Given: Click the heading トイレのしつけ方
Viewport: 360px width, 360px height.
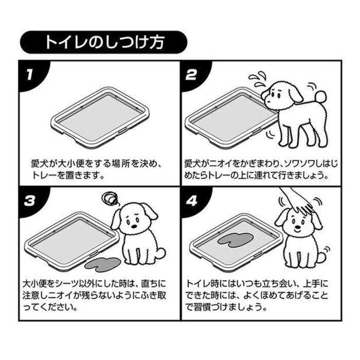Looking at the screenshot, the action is [x=104, y=42].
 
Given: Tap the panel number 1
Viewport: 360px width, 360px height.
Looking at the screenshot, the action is [x=29, y=75].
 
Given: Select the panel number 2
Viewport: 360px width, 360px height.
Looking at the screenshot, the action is [x=191, y=75].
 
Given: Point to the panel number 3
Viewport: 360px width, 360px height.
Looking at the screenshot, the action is [x=30, y=201].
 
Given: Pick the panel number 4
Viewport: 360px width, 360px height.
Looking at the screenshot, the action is [x=191, y=201].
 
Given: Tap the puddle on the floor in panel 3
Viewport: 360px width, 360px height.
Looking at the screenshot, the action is [x=102, y=264].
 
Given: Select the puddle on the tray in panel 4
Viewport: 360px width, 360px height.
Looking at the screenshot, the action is [x=236, y=240].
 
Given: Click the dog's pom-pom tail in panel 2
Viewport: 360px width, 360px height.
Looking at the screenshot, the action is [x=320, y=97].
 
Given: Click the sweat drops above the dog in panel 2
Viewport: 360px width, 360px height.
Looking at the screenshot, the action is [x=258, y=79].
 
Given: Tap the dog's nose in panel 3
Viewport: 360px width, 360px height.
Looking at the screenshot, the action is [x=133, y=226].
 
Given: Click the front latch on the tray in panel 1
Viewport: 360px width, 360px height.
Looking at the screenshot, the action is [x=122, y=131].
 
